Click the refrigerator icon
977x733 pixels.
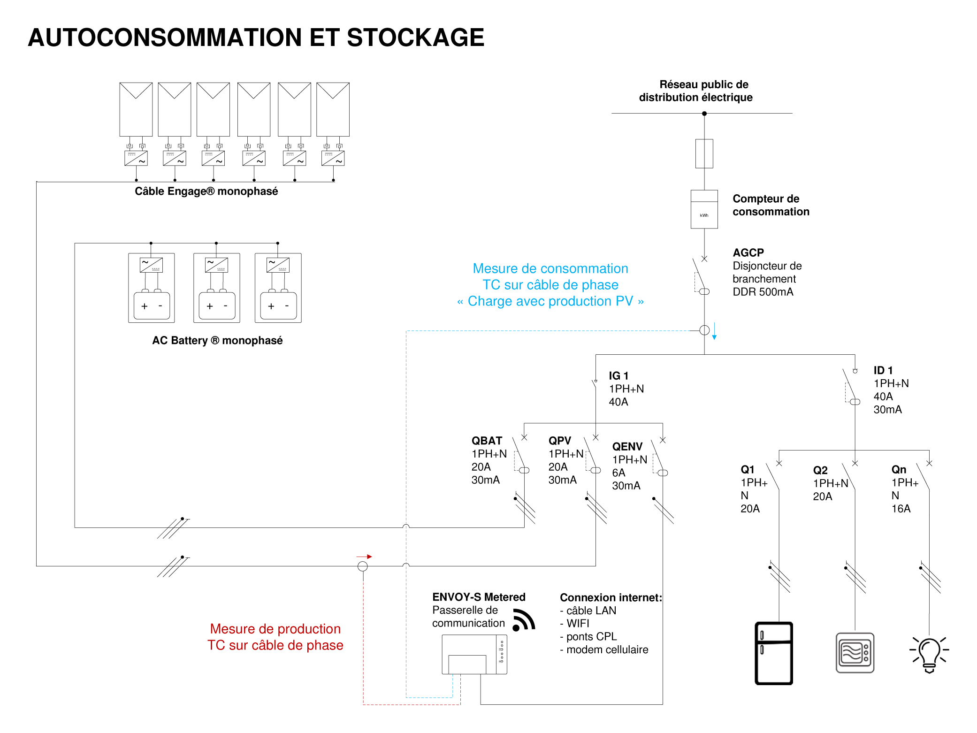(774, 653)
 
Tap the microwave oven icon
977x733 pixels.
(855, 653)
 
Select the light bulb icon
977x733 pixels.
(929, 654)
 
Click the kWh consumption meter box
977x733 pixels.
(704, 209)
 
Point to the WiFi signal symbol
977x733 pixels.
(523, 620)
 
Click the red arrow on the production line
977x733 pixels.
(365, 557)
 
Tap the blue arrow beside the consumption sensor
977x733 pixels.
(714, 331)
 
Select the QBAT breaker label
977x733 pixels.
(487, 441)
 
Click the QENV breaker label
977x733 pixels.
(627, 446)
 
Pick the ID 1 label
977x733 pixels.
(883, 370)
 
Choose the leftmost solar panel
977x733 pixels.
(136, 109)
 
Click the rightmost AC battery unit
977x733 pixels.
(278, 288)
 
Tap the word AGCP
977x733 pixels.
(748, 252)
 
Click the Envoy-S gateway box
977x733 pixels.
(474, 654)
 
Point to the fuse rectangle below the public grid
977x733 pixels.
(704, 153)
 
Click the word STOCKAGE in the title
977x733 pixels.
(415, 38)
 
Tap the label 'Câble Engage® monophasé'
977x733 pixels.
(206, 191)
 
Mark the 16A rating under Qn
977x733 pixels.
(901, 509)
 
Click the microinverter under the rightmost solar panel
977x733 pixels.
(333, 158)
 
